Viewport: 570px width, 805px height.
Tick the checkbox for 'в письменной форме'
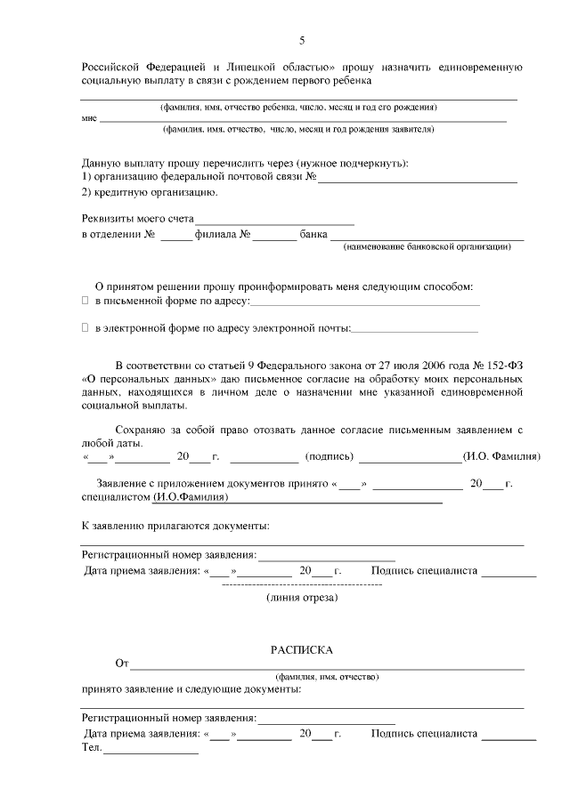(85, 302)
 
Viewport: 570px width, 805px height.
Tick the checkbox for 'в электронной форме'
(85, 328)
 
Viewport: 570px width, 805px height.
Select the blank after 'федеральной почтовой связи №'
(418, 180)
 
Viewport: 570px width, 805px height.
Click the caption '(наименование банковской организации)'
(427, 246)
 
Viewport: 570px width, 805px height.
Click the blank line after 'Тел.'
(151, 753)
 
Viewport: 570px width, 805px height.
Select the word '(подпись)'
(330, 456)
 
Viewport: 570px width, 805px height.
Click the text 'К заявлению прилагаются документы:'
(175, 525)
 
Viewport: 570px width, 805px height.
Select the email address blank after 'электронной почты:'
(415, 330)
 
